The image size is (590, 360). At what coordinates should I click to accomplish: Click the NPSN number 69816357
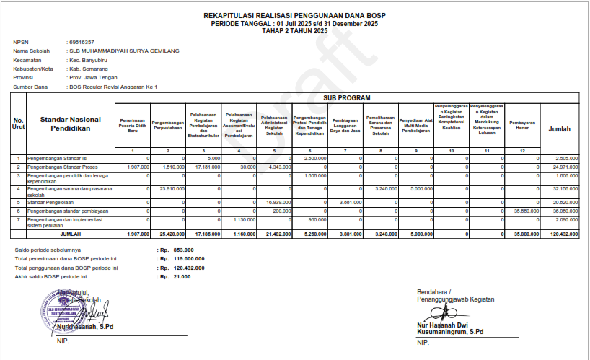[82, 43]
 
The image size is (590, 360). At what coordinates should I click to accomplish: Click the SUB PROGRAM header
[346, 97]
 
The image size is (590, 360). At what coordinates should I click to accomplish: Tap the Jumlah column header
[560, 128]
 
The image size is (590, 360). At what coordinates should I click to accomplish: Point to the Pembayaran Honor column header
[522, 123]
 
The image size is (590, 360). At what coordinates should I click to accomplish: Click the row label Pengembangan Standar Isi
[59, 158]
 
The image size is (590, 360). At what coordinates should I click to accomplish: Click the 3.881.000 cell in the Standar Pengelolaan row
[347, 203]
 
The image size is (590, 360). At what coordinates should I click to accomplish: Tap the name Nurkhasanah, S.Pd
[85, 326]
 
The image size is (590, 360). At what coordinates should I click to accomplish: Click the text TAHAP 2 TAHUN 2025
[294, 30]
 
